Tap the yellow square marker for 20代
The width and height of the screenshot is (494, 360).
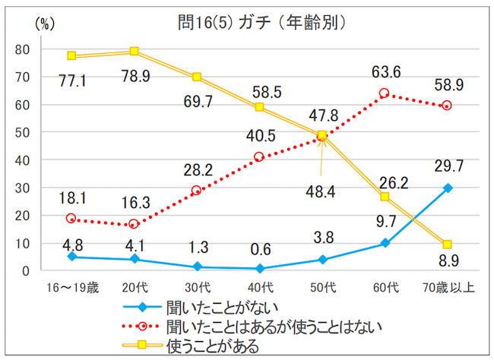pos(134,52)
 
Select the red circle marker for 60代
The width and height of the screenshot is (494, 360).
pos(384,93)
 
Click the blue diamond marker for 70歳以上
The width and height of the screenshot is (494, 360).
pos(448,188)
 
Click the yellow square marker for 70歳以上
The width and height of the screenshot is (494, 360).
pos(448,245)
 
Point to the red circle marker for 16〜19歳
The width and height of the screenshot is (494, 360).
pos(71,219)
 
